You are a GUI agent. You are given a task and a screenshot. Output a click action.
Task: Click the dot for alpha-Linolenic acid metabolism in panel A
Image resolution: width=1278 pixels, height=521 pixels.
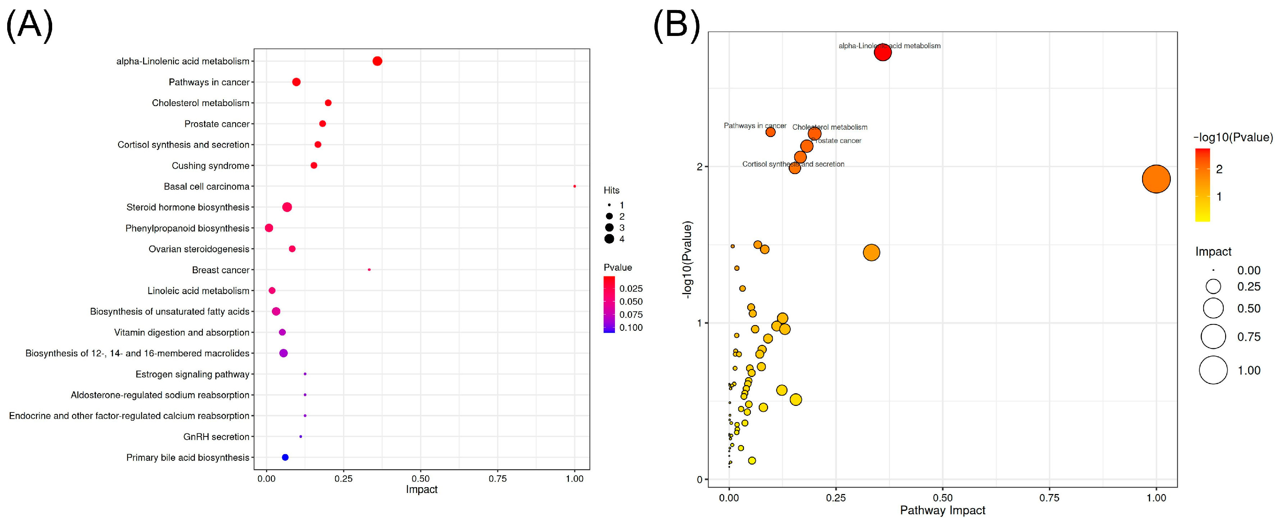point(377,61)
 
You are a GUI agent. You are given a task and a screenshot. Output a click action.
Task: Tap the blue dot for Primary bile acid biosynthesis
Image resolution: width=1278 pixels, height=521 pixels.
point(285,457)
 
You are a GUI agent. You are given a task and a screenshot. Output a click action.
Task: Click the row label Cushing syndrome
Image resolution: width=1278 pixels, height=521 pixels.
point(210,166)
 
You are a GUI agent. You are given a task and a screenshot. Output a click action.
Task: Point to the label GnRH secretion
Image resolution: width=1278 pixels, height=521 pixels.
point(216,437)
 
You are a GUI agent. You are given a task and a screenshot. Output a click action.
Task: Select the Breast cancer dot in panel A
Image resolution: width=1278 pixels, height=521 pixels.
point(369,269)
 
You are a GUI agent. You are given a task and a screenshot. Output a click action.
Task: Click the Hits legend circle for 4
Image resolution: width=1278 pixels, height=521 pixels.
point(609,239)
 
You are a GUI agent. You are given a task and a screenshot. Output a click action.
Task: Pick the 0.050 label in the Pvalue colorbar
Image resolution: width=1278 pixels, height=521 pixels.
point(631,302)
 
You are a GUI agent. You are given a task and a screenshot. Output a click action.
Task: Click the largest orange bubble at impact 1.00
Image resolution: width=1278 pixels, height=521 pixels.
point(1156,179)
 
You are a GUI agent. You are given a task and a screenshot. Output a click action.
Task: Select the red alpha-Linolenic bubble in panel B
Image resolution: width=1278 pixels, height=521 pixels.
point(882,52)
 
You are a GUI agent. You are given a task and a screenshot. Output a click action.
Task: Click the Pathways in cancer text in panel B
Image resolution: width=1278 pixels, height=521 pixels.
point(754,125)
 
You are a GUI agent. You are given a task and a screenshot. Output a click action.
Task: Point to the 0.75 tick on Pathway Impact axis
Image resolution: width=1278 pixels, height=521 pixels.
point(1049,498)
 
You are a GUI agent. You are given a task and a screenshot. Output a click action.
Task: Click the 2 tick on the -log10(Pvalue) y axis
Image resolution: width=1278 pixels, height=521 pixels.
point(699,167)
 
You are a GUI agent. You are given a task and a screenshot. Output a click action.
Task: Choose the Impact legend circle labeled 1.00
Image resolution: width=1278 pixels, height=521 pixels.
point(1213,370)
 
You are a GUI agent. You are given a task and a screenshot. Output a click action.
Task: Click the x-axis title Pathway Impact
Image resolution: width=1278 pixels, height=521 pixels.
point(942,511)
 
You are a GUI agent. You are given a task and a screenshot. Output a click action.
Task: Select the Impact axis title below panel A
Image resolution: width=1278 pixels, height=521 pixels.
point(421,490)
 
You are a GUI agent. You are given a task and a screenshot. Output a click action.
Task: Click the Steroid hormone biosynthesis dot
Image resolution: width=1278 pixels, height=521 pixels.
point(287,207)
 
